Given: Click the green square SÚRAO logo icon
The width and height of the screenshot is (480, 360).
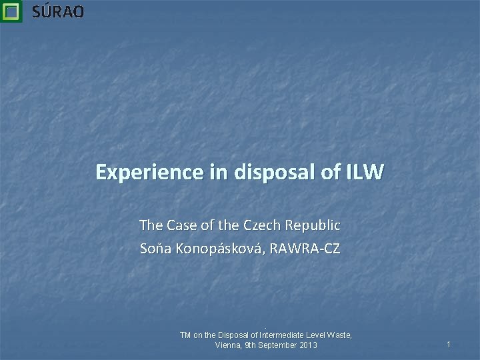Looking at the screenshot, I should [x=11, y=11].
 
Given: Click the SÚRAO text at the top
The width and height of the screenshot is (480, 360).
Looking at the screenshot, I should [x=58, y=11].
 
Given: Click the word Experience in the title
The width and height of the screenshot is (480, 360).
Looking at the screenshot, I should [x=138, y=173].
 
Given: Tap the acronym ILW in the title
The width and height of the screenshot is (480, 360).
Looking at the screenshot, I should [x=365, y=173].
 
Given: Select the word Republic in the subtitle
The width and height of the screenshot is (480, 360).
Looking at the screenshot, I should [x=314, y=225].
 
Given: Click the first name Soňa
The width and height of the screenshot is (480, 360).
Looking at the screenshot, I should [x=155, y=249].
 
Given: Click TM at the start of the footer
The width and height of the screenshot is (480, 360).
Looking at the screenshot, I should [x=187, y=335].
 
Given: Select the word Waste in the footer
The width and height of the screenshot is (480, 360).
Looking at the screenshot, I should [x=338, y=335].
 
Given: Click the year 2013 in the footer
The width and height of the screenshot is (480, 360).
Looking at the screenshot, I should [x=308, y=345].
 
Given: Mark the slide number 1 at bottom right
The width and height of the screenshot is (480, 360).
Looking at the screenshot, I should [x=449, y=344].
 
